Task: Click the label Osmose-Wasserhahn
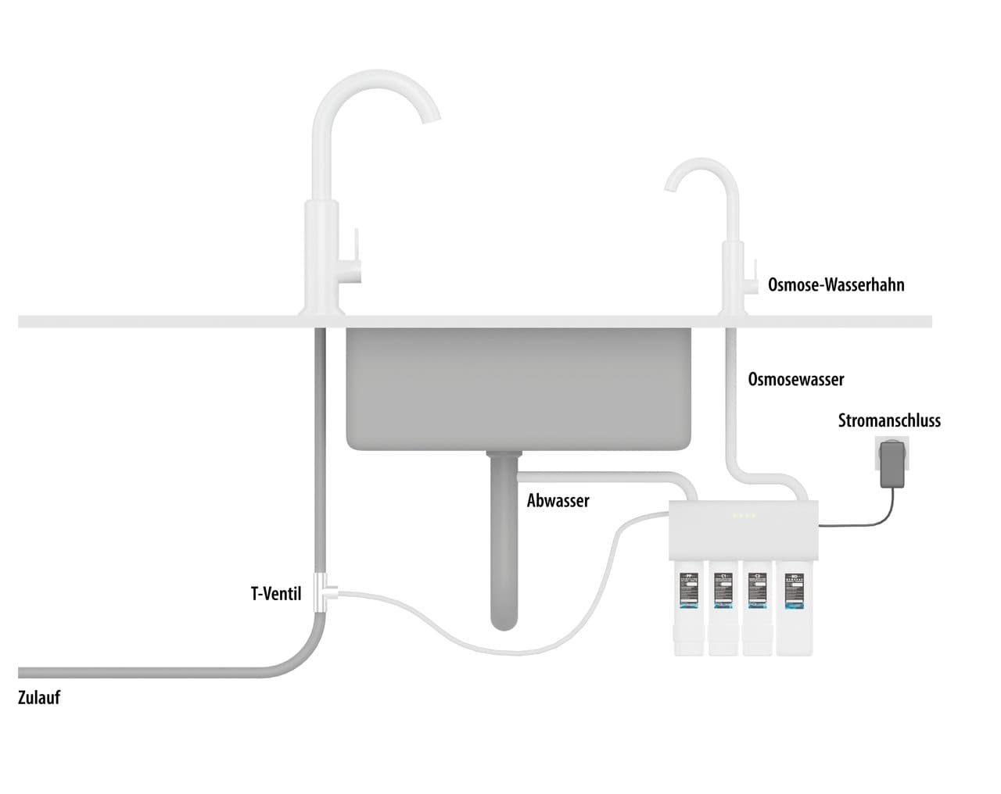pos(836,285)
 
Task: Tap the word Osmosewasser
pos(796,380)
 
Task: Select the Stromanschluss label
pos(889,420)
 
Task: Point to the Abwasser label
pos(558,501)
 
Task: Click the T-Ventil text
pos(276,594)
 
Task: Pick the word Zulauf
pos(39,698)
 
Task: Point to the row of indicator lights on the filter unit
pos(743,515)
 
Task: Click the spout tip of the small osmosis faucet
pos(670,185)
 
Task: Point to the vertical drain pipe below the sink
pos(503,547)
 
